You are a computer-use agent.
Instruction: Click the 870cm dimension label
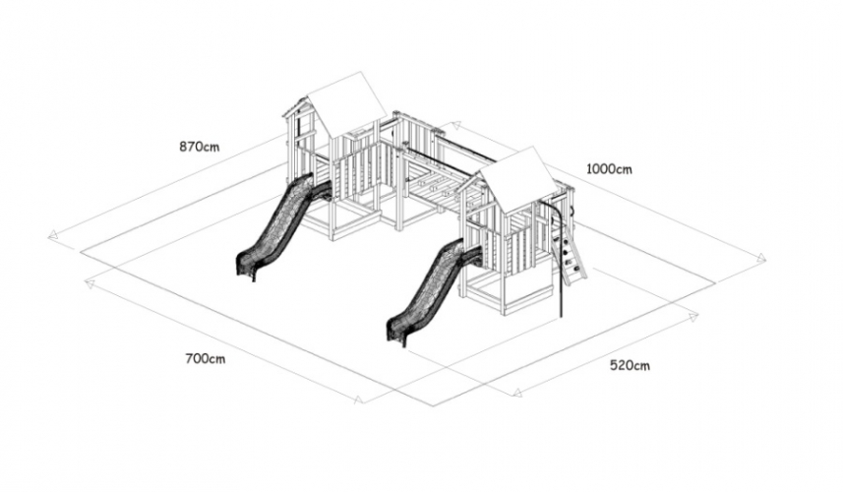coord(200,147)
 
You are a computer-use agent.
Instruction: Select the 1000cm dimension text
coord(609,169)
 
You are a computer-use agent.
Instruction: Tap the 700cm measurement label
coord(206,358)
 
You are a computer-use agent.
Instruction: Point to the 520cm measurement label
coord(630,366)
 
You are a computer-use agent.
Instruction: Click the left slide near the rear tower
coord(279,227)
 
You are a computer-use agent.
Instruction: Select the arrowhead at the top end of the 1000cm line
coord(455,126)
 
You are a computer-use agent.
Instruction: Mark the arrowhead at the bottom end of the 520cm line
coord(517,392)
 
